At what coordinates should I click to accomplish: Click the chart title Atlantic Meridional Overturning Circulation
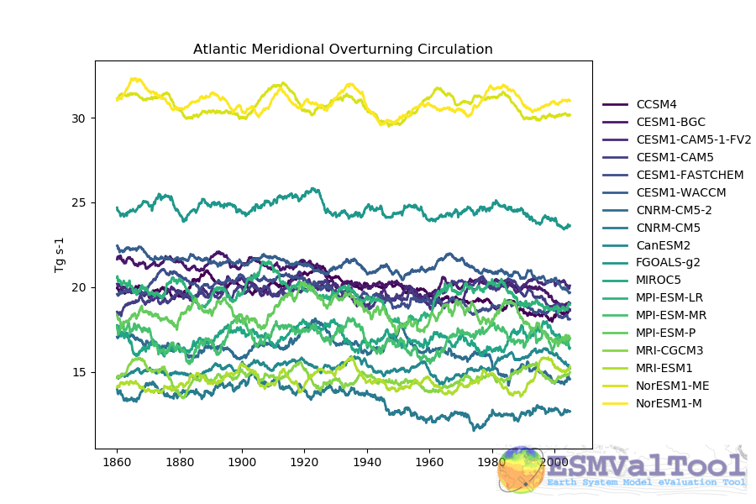(343, 50)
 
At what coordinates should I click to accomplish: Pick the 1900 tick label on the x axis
(242, 463)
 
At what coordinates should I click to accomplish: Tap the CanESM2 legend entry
(664, 245)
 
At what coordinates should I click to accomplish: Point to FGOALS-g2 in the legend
(669, 263)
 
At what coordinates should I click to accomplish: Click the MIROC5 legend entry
(659, 281)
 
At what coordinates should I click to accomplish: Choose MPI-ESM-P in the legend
(666, 333)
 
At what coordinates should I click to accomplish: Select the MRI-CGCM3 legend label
(670, 351)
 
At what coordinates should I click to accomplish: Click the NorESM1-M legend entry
(669, 404)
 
